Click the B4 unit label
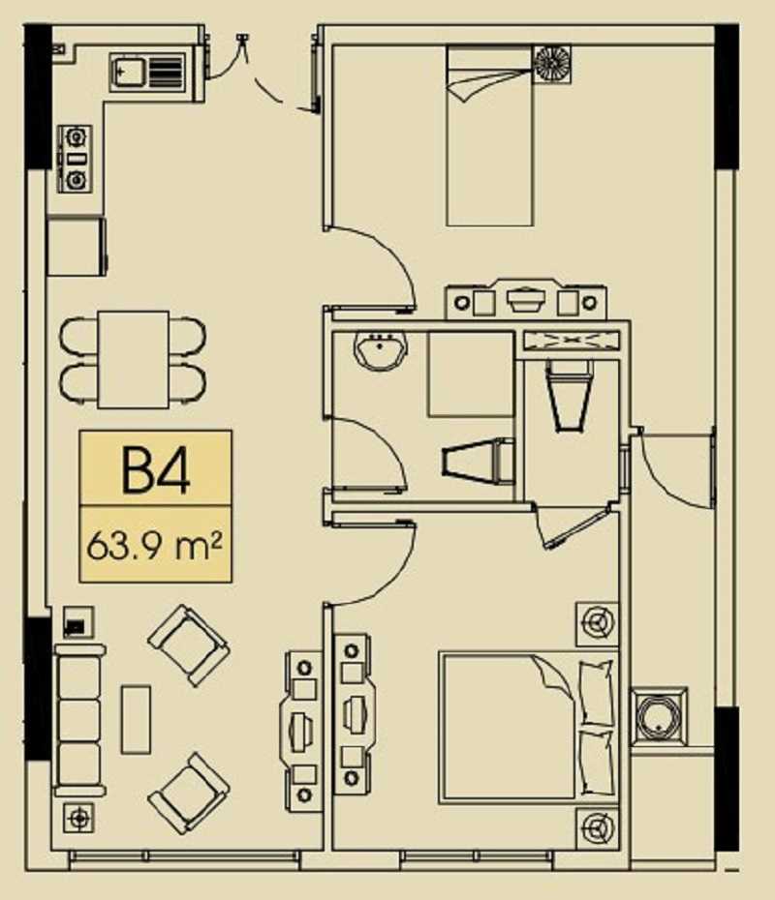click(156, 470)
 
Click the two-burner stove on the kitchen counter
click(76, 159)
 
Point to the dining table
click(134, 360)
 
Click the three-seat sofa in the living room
click(79, 720)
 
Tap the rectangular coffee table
click(136, 719)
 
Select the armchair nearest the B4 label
click(189, 645)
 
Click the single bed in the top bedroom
click(489, 136)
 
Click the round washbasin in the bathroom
click(380, 349)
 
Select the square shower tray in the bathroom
click(471, 375)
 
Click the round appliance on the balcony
click(659, 716)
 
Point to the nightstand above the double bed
click(598, 624)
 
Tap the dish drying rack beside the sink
click(166, 72)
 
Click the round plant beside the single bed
click(552, 63)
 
